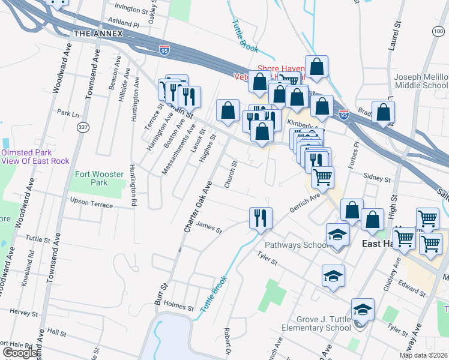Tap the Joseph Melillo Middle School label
[x=421, y=82]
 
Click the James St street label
[x=209, y=229]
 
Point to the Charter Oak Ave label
[x=198, y=208]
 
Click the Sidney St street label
[x=379, y=178]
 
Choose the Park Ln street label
[x=68, y=113]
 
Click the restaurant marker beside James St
[x=261, y=218]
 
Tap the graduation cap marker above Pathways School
[x=337, y=235]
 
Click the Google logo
[x=20, y=353]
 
